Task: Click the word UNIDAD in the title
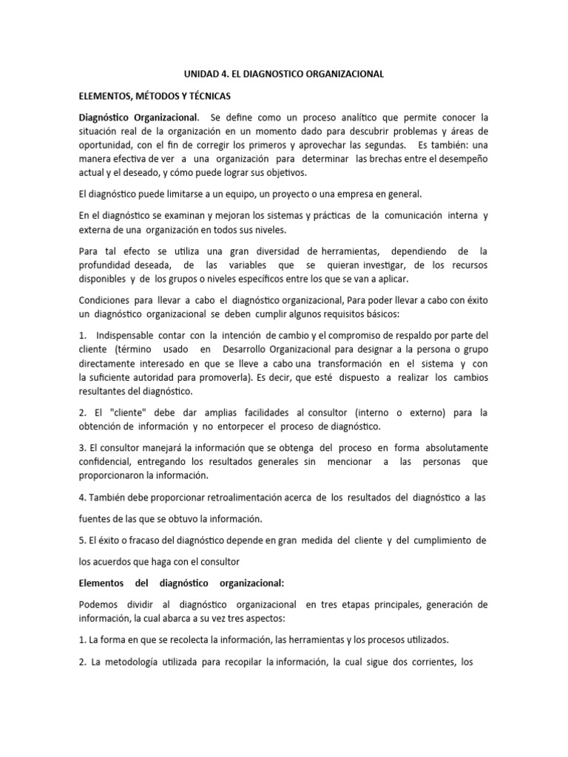click(x=200, y=75)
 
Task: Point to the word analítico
click(x=356, y=118)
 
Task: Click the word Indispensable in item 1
click(x=129, y=335)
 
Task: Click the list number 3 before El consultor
click(x=81, y=448)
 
